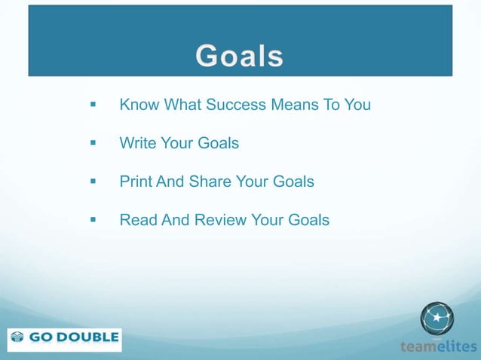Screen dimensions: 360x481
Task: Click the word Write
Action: (x=136, y=142)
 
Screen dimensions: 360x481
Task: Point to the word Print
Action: (x=136, y=182)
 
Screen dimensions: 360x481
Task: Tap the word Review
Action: (x=224, y=221)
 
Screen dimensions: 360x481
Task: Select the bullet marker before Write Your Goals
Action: (x=93, y=143)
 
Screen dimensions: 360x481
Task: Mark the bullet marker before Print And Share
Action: (x=93, y=182)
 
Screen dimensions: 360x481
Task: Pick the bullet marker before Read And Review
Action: (x=93, y=221)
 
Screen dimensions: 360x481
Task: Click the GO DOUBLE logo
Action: (x=64, y=338)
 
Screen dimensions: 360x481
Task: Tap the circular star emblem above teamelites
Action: (x=437, y=318)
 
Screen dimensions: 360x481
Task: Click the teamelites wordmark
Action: (x=438, y=346)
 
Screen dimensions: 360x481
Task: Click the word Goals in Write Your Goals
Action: (x=218, y=142)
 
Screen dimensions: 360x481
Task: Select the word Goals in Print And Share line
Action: (x=293, y=182)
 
